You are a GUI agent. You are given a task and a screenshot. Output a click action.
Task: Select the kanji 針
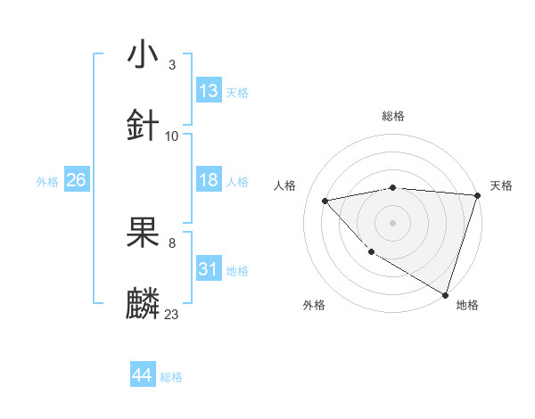tap(144, 124)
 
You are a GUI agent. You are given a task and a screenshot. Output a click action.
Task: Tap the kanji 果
tap(144, 231)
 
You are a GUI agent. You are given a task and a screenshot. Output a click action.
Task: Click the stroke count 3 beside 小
tap(172, 65)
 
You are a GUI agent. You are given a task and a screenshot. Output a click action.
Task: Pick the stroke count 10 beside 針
tap(172, 136)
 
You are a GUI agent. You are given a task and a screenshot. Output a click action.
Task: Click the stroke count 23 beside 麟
tap(172, 314)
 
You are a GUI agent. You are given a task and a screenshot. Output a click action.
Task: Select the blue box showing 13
tap(209, 91)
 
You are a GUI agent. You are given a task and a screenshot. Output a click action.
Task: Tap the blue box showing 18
tap(209, 180)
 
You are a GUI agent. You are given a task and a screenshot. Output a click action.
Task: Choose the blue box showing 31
tap(209, 269)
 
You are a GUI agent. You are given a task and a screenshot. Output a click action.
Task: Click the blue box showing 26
tap(76, 180)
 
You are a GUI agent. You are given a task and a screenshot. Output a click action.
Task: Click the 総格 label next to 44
tap(171, 377)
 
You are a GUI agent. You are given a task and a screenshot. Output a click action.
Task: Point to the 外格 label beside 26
tap(47, 182)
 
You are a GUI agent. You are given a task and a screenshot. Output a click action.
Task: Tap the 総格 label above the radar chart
tap(393, 116)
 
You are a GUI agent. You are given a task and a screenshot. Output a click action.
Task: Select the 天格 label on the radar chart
tap(501, 185)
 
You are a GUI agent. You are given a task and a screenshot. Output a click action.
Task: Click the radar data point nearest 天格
tap(477, 195)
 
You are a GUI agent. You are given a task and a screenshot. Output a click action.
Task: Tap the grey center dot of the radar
tap(393, 222)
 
